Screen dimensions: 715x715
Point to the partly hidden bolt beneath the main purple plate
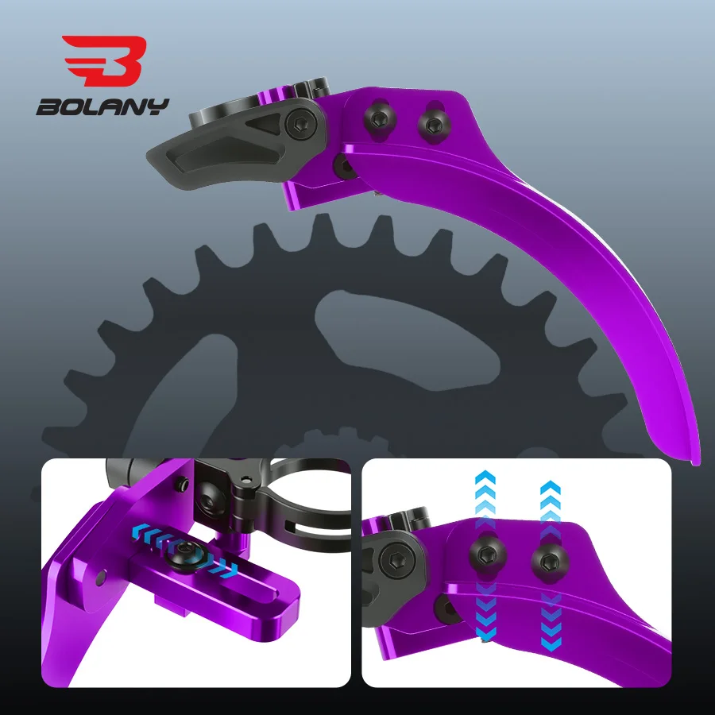[343, 165]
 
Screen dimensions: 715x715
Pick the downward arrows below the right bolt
[548, 620]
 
